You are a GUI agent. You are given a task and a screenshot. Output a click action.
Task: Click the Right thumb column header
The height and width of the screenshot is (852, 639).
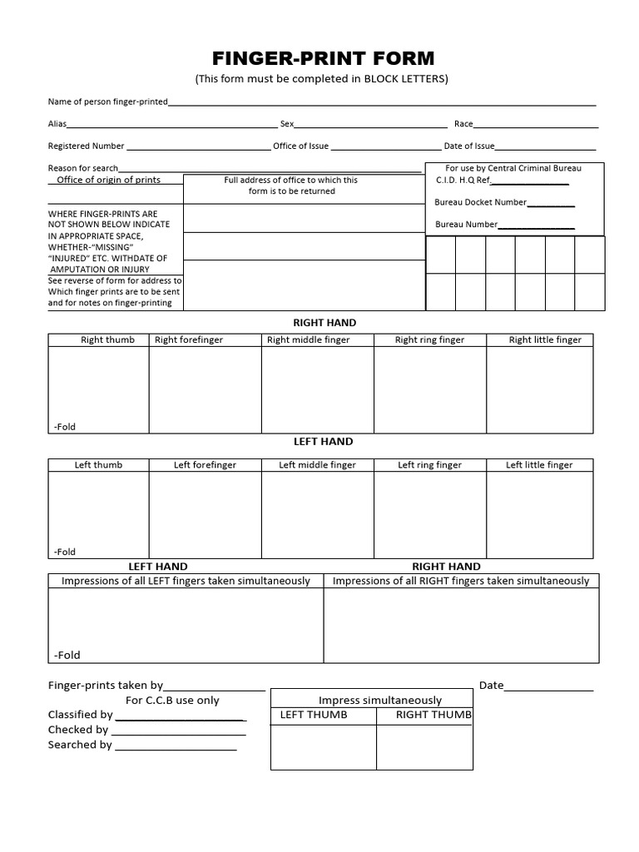point(107,339)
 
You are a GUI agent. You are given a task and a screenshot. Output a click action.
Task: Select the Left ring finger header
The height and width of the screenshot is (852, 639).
point(429,465)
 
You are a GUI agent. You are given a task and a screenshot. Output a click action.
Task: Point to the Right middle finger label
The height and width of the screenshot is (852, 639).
point(308,339)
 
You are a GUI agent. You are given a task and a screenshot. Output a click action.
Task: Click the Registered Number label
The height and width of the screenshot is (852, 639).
point(86,146)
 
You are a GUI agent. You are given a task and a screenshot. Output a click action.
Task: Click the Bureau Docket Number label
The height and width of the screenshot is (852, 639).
point(480,202)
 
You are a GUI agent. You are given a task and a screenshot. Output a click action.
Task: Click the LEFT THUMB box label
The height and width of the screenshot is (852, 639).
point(314,715)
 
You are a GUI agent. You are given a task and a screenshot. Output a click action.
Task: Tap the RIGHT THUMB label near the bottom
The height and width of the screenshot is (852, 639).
point(433,715)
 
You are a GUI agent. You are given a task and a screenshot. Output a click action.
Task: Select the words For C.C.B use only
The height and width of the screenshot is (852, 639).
point(172,701)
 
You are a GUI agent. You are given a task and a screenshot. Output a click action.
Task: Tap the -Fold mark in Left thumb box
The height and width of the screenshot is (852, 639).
point(65,552)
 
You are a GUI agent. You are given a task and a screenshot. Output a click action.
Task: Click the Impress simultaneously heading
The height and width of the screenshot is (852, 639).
point(380,701)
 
